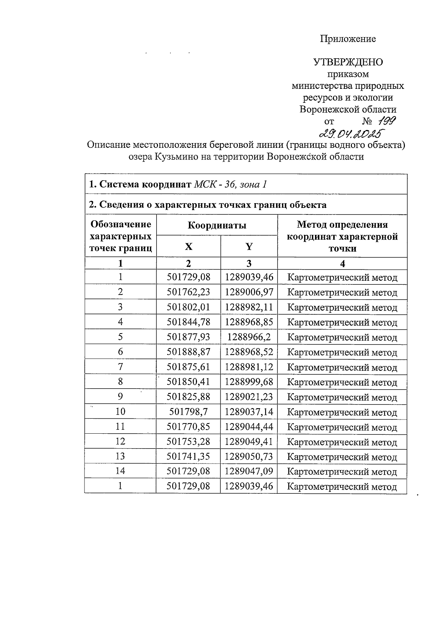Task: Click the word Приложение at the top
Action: point(348,39)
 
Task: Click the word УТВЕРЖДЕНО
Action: point(348,62)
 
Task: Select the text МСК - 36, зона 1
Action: point(230,184)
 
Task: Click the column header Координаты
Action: point(217,225)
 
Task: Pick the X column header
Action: point(188,247)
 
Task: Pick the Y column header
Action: point(249,247)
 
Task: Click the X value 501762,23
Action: point(188,292)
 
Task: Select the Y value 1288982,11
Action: point(249,307)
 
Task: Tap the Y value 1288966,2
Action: point(249,337)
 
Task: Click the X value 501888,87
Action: point(188,352)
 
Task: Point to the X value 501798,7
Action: point(188,411)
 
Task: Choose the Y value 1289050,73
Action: point(249,456)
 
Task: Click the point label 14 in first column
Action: point(120,471)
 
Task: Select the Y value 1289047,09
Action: point(249,471)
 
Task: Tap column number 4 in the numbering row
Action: point(342,264)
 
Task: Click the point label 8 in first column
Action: point(120,382)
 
